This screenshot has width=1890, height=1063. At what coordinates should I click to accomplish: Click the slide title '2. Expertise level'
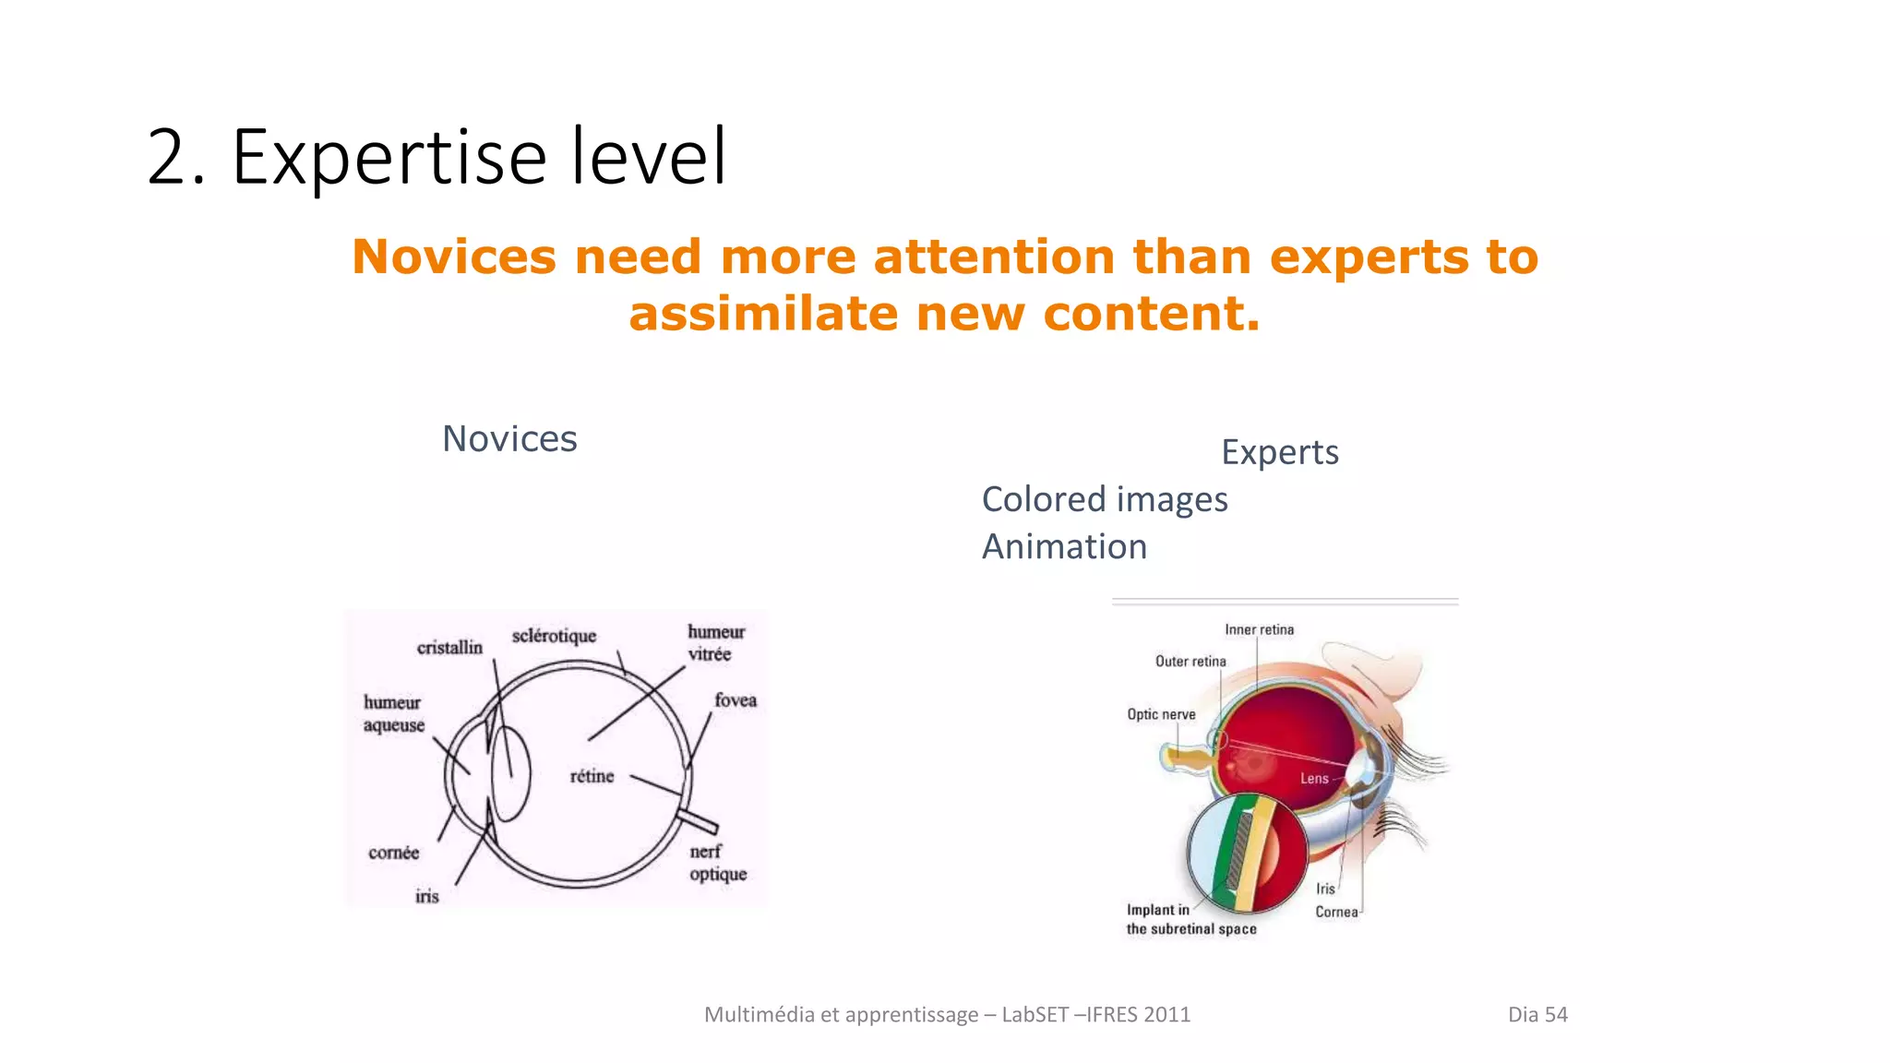pyautogui.click(x=437, y=157)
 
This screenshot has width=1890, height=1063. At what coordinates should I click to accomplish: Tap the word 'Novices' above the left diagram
pyautogui.click(x=509, y=439)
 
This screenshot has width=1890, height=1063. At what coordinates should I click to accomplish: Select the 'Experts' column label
pyautogui.click(x=1279, y=452)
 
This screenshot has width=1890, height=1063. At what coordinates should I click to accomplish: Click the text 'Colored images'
pyautogui.click(x=1104, y=499)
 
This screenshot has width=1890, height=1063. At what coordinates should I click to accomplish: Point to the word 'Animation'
pyautogui.click(x=1064, y=546)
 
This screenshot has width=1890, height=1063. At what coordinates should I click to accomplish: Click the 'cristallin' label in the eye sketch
pyautogui.click(x=449, y=648)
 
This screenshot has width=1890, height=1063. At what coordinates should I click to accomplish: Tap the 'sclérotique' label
pyautogui.click(x=554, y=636)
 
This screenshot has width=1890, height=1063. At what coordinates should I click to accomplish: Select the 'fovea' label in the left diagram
pyautogui.click(x=736, y=700)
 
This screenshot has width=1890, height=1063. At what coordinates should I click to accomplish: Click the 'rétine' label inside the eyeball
pyautogui.click(x=592, y=776)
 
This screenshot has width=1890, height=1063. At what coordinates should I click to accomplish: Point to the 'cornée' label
pyautogui.click(x=393, y=853)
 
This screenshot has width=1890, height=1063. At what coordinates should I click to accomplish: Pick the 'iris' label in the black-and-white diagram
pyautogui.click(x=426, y=896)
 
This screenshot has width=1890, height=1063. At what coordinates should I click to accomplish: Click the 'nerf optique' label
pyautogui.click(x=717, y=863)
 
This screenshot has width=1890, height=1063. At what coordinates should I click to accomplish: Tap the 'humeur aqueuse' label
pyautogui.click(x=394, y=714)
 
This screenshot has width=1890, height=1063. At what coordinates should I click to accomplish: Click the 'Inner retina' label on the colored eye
pyautogui.click(x=1259, y=629)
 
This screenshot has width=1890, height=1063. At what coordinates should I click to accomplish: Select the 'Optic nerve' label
pyautogui.click(x=1161, y=714)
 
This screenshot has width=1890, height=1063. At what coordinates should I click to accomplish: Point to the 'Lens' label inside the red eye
pyautogui.click(x=1314, y=779)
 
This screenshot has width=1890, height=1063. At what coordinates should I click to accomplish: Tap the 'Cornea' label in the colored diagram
pyautogui.click(x=1336, y=912)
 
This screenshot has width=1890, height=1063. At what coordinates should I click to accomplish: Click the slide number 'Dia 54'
pyautogui.click(x=1537, y=1014)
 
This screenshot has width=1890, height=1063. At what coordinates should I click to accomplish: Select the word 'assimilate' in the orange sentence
pyautogui.click(x=763, y=314)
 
